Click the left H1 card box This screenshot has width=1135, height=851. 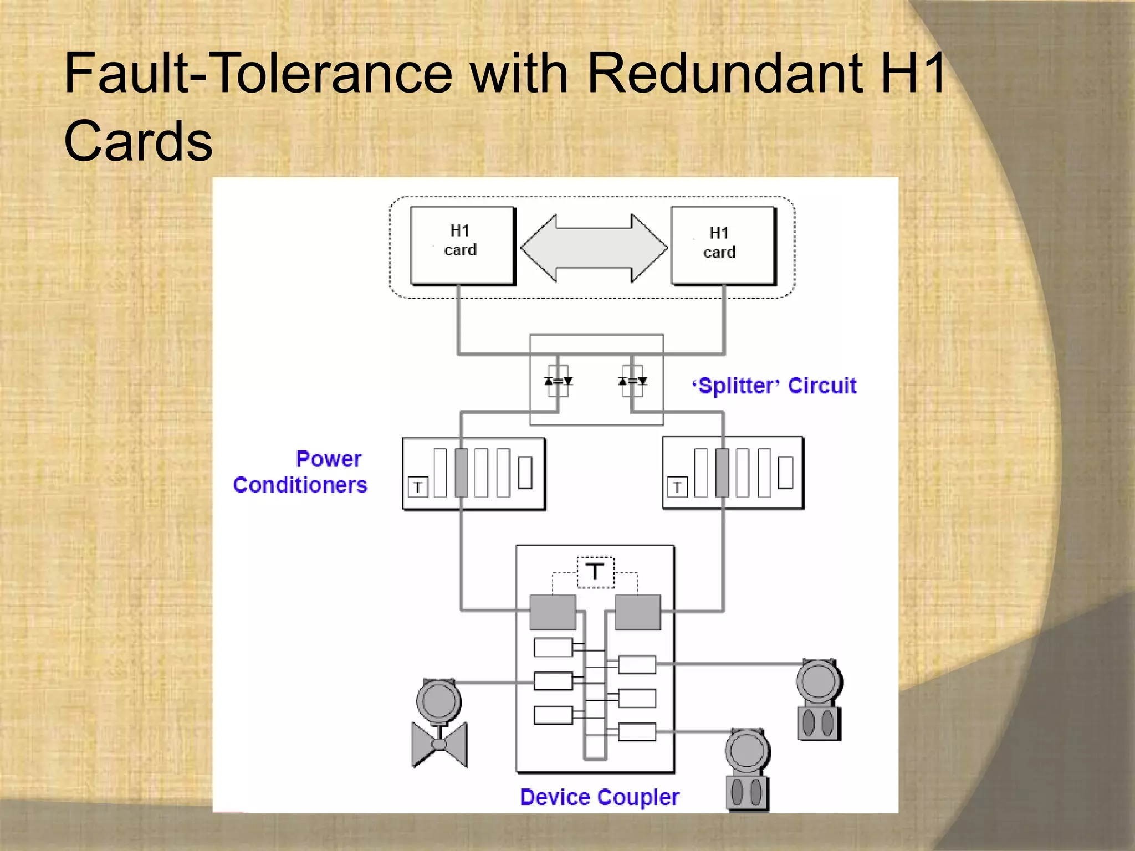point(462,245)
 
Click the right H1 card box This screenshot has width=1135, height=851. point(723,245)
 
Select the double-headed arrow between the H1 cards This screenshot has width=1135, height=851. point(594,248)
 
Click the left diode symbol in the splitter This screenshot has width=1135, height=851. point(558,381)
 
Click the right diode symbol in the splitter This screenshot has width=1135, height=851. point(632,381)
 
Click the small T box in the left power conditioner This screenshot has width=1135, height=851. point(418,487)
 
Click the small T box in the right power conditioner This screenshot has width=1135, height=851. point(677,487)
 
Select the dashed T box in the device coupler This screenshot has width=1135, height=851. point(595,572)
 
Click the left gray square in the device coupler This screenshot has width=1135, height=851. point(553,612)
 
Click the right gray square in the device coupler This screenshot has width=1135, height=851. point(638,612)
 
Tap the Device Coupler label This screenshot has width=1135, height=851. point(599,797)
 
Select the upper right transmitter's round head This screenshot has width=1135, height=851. point(819,681)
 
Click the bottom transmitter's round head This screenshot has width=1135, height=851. point(747,751)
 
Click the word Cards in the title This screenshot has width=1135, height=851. point(138,141)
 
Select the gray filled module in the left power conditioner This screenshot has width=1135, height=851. point(461,473)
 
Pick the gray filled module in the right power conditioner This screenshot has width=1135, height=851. point(722,473)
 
